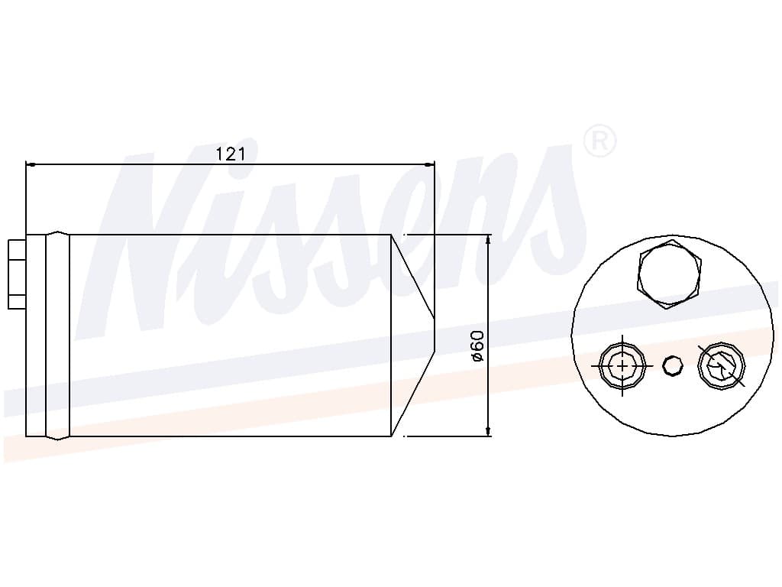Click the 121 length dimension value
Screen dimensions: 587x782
230,154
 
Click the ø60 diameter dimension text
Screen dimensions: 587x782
477,345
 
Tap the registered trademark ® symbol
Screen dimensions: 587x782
599,141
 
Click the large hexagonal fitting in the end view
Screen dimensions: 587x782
668,274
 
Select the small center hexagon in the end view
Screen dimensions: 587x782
672,366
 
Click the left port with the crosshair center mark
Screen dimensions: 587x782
622,366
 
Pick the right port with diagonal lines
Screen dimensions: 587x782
721,366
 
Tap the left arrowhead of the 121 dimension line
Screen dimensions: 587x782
31,164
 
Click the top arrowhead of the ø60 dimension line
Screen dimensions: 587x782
488,239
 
